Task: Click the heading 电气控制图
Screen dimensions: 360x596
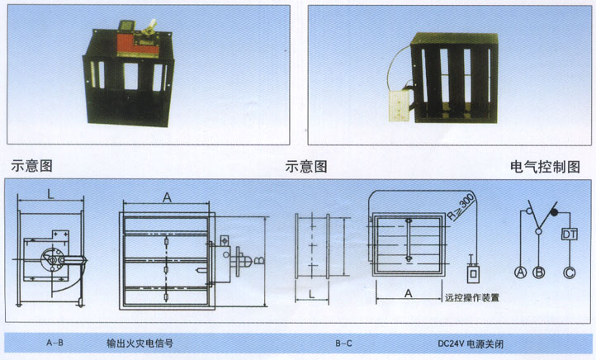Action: click(546, 167)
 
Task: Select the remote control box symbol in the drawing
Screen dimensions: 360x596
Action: click(473, 272)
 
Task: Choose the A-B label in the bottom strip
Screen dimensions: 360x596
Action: click(57, 342)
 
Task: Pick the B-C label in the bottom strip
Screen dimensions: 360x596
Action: click(344, 342)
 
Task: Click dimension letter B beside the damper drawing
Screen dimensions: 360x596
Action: click(258, 258)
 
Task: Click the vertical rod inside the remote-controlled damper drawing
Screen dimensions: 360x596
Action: click(408, 241)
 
